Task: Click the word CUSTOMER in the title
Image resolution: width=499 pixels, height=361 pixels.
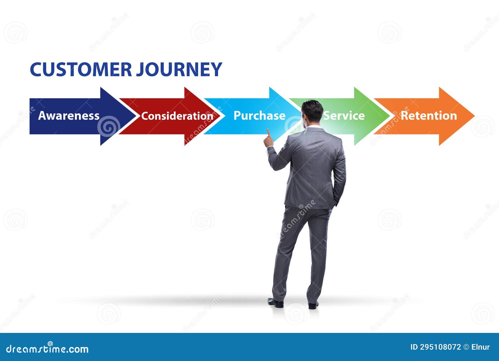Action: click(81, 69)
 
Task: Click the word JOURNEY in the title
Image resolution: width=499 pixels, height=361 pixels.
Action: click(179, 69)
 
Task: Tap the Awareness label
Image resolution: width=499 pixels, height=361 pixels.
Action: click(69, 116)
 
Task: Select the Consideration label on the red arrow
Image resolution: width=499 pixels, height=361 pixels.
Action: click(177, 116)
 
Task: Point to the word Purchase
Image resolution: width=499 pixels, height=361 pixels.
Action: click(259, 116)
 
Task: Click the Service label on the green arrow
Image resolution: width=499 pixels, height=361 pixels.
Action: click(344, 116)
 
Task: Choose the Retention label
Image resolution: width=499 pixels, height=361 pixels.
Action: click(429, 116)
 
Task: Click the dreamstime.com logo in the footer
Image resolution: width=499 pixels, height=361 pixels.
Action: click(47, 349)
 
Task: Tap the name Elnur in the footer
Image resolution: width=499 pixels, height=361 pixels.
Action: click(481, 347)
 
